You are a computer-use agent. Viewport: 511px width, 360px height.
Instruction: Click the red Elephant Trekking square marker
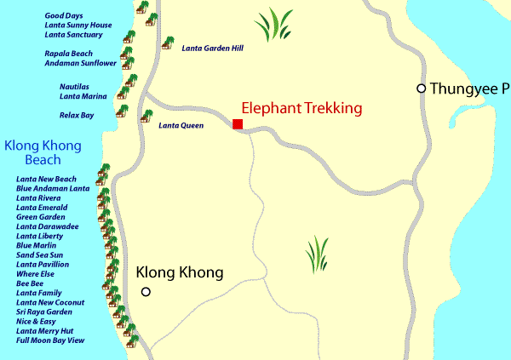point(238,124)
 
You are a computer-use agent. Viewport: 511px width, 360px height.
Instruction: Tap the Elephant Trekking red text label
point(302,108)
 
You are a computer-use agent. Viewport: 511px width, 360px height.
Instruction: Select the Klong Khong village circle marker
point(146,292)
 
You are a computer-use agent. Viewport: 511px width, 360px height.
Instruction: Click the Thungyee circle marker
point(421,89)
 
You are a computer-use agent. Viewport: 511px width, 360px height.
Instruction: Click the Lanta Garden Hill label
point(212,49)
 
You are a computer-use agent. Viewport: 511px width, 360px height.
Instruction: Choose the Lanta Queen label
point(181,125)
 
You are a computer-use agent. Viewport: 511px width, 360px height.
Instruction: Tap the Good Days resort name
point(65,16)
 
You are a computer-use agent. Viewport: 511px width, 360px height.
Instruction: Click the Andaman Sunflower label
point(80,63)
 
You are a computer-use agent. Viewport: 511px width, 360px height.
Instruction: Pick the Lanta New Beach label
point(46,179)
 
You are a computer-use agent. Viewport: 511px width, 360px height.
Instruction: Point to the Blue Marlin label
point(37,245)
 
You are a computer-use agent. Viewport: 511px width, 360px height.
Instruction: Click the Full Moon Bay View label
point(50,340)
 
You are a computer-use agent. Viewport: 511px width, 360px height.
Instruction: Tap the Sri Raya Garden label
point(44,312)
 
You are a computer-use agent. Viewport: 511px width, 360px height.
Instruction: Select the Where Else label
point(36,274)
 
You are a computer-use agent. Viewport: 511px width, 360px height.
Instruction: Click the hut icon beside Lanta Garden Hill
point(167,43)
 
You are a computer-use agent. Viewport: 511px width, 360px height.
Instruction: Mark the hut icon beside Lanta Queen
point(147,115)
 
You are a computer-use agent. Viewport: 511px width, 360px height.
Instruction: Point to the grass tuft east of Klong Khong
point(318,254)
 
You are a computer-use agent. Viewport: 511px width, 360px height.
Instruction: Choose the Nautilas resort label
point(74,86)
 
